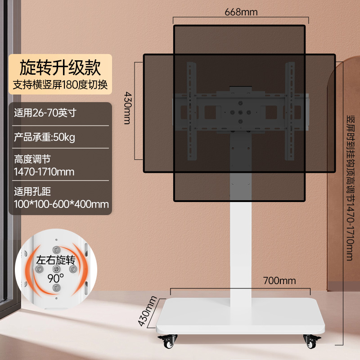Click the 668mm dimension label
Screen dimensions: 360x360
tap(241, 12)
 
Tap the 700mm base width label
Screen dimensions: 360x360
tap(279, 280)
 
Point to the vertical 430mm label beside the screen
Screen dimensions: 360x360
tap(128, 108)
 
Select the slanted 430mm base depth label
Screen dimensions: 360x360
tap(148, 311)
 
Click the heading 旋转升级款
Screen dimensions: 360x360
tap(60, 67)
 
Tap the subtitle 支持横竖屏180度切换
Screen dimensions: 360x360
tap(60, 85)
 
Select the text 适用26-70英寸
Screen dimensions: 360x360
tap(45, 113)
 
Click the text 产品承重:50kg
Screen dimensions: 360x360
tap(45, 137)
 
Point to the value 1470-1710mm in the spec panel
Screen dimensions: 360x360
tap(44, 172)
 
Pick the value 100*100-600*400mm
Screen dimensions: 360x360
tap(61, 204)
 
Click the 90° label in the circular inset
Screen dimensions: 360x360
tap(55, 278)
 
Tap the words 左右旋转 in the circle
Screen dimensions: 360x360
tap(56, 261)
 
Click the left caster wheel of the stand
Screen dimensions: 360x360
tap(168, 341)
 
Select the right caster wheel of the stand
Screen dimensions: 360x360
tap(311, 341)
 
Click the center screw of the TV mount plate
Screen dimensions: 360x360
tap(240, 112)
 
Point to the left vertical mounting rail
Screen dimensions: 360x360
tap(192, 111)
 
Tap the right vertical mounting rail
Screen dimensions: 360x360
tap(290, 111)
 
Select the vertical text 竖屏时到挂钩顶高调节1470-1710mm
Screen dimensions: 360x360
tap(351, 188)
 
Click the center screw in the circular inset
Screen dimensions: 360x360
tap(56, 269)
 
